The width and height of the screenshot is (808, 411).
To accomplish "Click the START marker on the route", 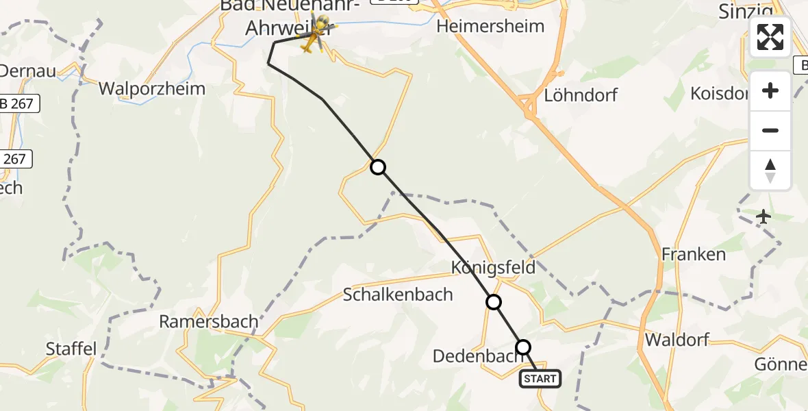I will [x=540, y=378].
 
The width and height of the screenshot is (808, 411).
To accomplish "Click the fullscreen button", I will [x=770, y=37].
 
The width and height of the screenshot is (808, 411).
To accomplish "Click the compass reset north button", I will [x=770, y=171].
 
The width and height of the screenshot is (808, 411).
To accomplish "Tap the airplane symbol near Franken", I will [x=763, y=216].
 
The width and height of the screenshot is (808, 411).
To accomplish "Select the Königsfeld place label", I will [x=493, y=266].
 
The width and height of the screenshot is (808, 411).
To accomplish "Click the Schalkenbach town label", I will [x=398, y=295].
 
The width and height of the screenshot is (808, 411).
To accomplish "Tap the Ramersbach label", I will [x=209, y=321].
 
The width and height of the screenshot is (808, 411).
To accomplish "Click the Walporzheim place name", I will [x=151, y=88].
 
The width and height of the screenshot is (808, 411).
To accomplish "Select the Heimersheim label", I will [x=490, y=27].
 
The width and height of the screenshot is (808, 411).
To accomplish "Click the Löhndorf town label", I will [x=580, y=95].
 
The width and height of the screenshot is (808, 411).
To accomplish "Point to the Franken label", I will [x=693, y=254].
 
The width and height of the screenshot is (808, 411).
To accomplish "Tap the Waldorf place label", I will [x=677, y=339].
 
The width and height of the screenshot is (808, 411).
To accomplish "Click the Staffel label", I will [x=71, y=348].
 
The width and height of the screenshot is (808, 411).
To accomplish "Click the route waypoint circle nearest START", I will [x=523, y=347].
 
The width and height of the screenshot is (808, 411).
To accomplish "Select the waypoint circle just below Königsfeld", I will [x=493, y=302].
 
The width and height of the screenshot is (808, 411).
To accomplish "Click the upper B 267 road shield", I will [x=20, y=104].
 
